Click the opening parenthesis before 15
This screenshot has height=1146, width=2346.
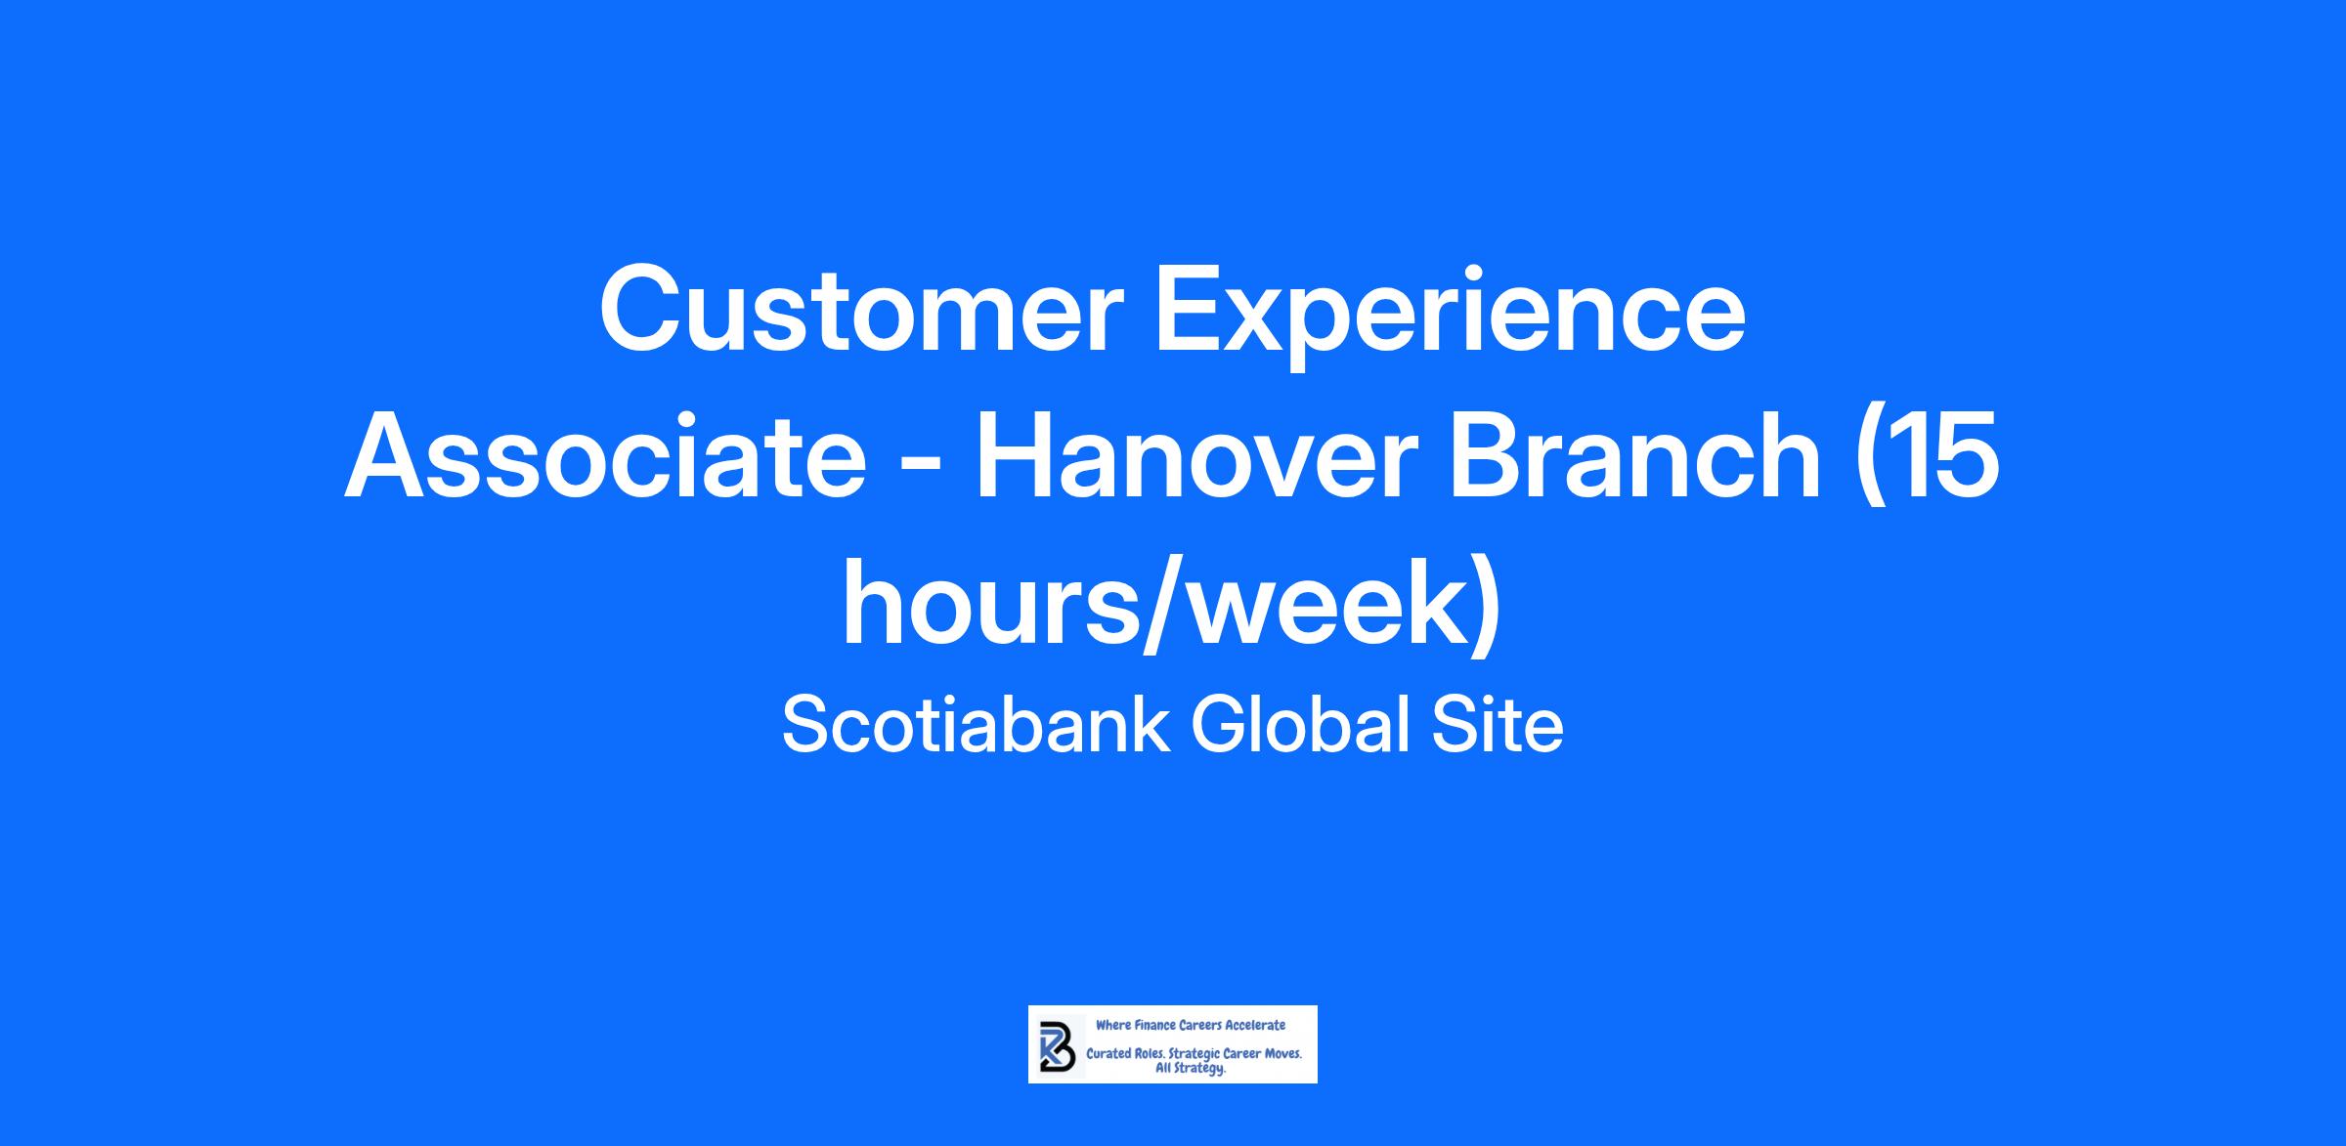point(1873,463)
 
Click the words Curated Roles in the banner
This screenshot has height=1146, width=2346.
point(1125,1055)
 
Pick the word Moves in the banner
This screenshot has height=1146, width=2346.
point(1282,1055)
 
